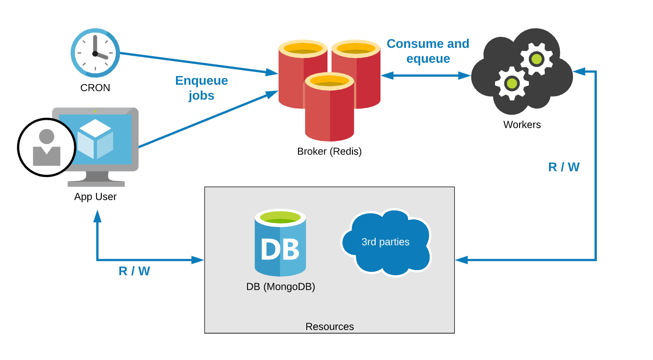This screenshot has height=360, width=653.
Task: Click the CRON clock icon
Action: tap(95, 53)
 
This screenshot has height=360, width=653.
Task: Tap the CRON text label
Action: tap(95, 88)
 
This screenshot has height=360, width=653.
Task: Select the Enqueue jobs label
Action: tap(201, 88)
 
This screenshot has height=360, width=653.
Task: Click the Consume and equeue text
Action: tap(428, 51)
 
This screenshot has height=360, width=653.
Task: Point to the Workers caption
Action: tap(522, 125)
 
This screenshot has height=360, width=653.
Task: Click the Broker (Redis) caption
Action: tap(329, 151)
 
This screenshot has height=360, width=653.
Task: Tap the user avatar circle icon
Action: tap(47, 148)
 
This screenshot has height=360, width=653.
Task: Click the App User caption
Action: tap(95, 197)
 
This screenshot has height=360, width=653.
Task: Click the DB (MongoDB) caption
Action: tap(280, 287)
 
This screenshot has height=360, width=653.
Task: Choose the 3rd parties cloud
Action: tap(386, 242)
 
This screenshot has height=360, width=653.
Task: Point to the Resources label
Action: tap(330, 327)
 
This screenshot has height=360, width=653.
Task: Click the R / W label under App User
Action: tap(134, 271)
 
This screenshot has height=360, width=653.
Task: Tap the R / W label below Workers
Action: tap(564, 167)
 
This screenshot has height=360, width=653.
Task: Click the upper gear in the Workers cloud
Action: tap(536, 59)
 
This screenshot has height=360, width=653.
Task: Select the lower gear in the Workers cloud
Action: tap(512, 83)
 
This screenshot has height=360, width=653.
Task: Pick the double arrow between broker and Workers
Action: tap(425, 76)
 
